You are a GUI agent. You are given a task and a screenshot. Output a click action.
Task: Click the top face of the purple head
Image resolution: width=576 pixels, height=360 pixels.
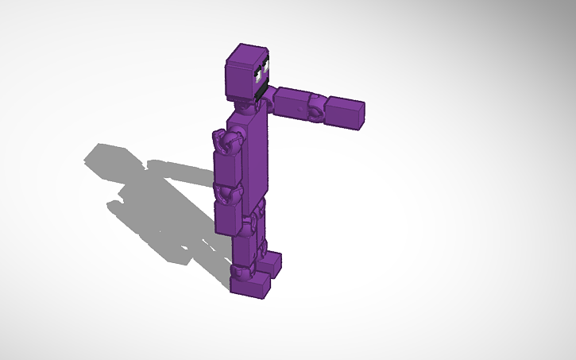248,53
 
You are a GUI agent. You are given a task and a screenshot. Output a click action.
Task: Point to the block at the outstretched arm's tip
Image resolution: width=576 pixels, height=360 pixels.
346,112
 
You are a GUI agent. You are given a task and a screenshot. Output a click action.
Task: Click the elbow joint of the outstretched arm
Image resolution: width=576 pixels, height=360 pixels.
316,107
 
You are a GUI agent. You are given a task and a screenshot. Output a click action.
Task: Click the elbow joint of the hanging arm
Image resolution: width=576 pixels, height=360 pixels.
227,192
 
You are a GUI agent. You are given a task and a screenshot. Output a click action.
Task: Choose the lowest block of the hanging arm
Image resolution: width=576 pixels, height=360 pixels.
226,217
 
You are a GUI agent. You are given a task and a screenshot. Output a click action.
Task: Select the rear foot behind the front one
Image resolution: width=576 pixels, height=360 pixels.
271,262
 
